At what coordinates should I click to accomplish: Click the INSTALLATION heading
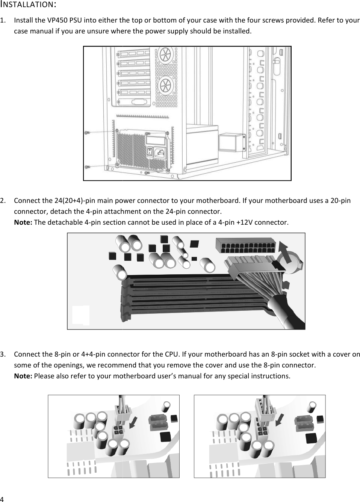[28, 5]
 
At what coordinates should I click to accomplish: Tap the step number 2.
[3, 200]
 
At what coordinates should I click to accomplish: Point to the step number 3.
[3, 354]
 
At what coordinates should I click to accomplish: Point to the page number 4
[2, 499]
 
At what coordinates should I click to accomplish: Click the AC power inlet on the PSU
[160, 153]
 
